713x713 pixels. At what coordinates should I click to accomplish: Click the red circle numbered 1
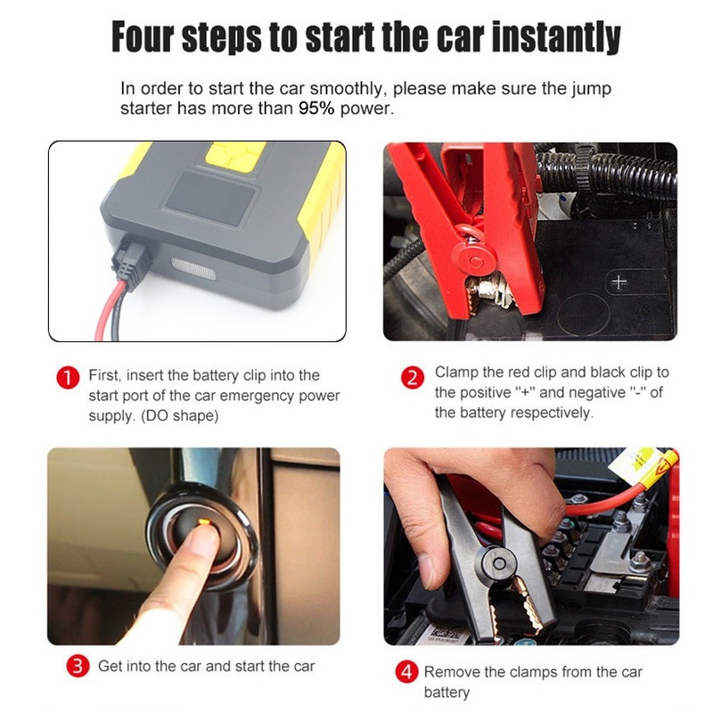point(68,378)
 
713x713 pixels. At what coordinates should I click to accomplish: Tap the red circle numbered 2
point(412,378)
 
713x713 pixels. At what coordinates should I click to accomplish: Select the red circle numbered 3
point(78,666)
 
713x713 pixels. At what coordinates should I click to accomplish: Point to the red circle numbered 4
point(406,672)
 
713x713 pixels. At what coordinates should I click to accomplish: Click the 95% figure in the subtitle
point(316,108)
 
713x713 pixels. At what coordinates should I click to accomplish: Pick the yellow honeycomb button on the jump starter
point(235,156)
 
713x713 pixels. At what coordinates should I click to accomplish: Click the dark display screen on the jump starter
point(210,198)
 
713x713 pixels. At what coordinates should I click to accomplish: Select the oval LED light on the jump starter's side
point(193,268)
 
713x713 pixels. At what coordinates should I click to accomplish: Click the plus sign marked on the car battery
point(619,282)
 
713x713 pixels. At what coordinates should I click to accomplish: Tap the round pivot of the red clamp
point(475,261)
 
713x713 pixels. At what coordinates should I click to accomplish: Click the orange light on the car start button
point(204,521)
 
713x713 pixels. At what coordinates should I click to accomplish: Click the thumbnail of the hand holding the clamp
point(428,570)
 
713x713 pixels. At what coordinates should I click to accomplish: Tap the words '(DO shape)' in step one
point(180,415)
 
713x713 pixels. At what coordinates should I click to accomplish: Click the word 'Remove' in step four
point(451,672)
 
